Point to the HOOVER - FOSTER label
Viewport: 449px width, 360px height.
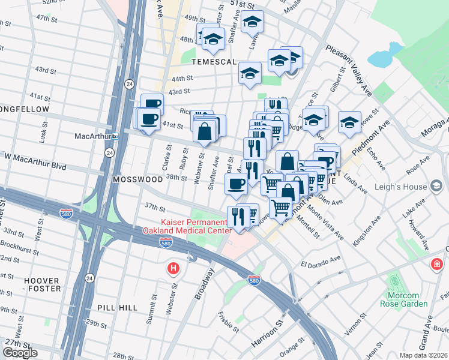pos(42,284)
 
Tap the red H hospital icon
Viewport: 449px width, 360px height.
pos(173,268)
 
